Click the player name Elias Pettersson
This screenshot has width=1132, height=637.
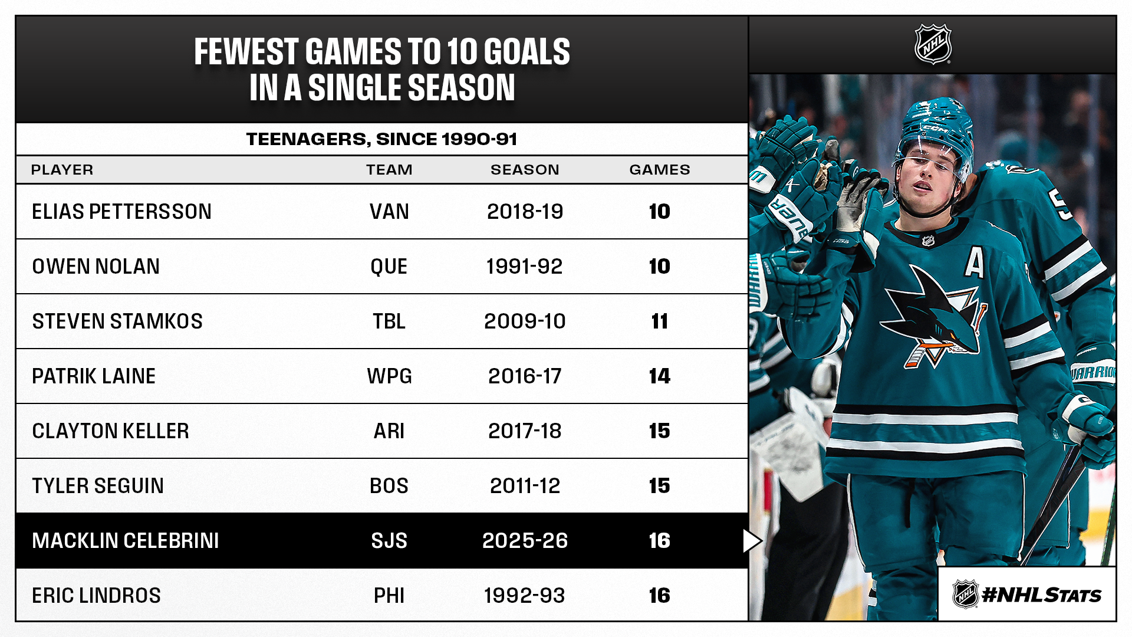(x=121, y=212)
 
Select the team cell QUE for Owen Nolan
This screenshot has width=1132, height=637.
(x=389, y=267)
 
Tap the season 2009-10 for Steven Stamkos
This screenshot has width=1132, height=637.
(x=525, y=321)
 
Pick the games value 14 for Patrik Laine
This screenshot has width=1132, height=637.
(x=659, y=376)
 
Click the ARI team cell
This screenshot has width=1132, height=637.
(x=389, y=431)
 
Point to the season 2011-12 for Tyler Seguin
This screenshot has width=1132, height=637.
(x=525, y=486)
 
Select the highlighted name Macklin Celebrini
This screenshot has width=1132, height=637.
(x=125, y=541)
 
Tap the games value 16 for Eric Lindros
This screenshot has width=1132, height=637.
(x=659, y=596)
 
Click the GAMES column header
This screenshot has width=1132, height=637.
(x=659, y=170)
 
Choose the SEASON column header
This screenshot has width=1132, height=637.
(x=525, y=170)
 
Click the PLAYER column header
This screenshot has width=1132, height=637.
(x=62, y=170)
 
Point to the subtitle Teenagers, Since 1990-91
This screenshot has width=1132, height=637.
(x=381, y=139)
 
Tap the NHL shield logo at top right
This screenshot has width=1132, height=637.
(x=933, y=44)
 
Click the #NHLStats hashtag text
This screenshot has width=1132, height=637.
(x=1041, y=595)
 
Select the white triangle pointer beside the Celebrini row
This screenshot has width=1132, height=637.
(x=751, y=541)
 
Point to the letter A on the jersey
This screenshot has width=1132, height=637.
(x=974, y=262)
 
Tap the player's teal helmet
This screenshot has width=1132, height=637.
(x=934, y=127)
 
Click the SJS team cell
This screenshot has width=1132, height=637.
(x=389, y=541)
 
